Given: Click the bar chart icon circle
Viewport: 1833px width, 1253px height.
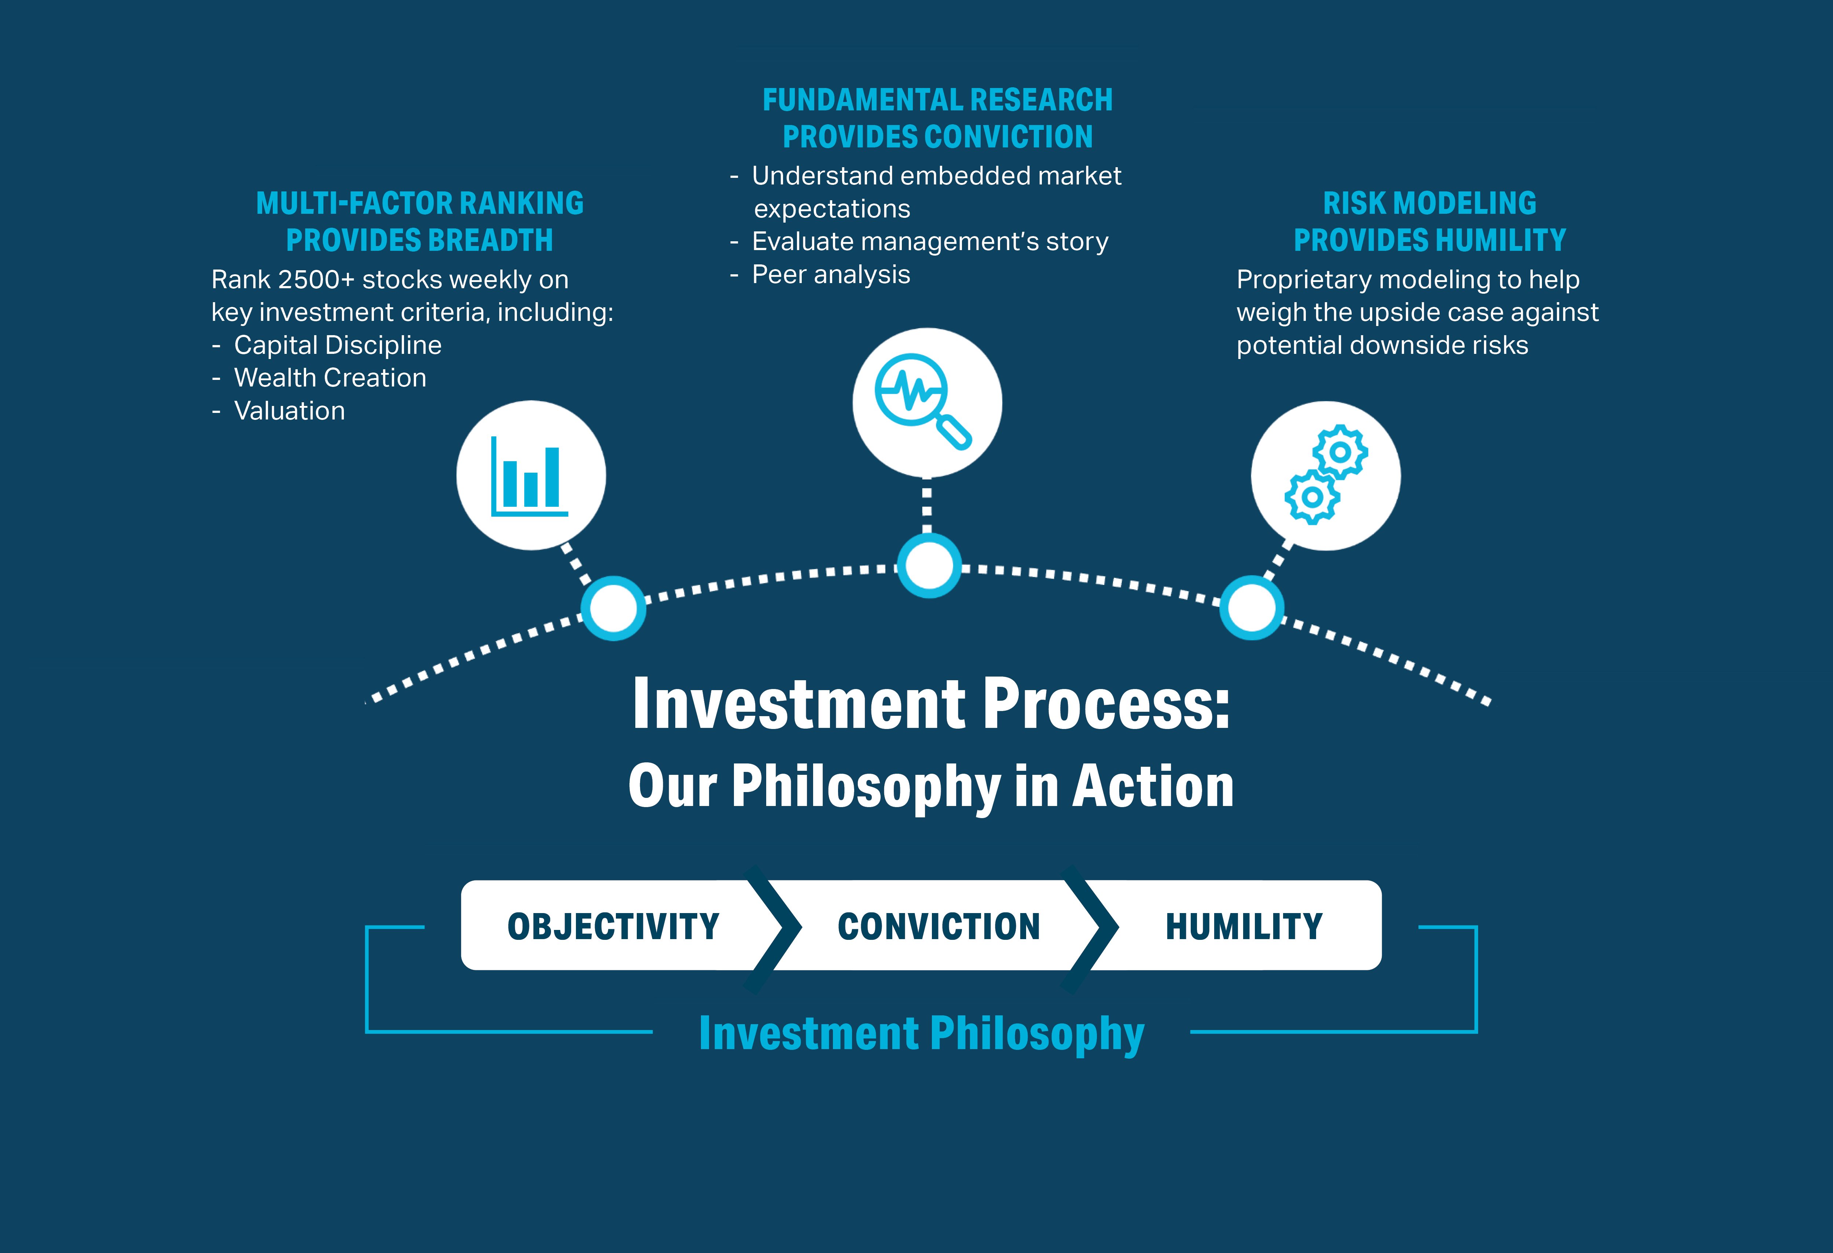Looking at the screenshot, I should pyautogui.click(x=531, y=475).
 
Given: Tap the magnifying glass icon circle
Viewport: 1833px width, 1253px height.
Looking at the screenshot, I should pyautogui.click(x=927, y=402).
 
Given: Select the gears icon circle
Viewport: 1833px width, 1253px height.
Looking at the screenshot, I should pyautogui.click(x=1326, y=475).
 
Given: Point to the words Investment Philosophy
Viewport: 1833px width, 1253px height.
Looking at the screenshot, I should pyautogui.click(x=921, y=1034).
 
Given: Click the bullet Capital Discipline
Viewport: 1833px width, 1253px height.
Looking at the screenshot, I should pyautogui.click(x=338, y=345).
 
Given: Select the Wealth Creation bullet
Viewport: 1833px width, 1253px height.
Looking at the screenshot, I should pyautogui.click(x=330, y=378).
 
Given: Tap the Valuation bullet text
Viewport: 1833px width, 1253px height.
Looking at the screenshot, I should pyautogui.click(x=290, y=411).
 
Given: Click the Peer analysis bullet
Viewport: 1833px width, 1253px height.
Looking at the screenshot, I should pyautogui.click(x=830, y=275).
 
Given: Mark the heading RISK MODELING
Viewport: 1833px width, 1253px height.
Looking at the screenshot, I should pyautogui.click(x=1429, y=204).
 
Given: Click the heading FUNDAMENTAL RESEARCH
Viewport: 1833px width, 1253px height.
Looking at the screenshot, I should pyautogui.click(x=937, y=100).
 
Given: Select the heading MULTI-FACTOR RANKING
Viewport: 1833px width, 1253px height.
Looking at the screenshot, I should pyautogui.click(x=420, y=204).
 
